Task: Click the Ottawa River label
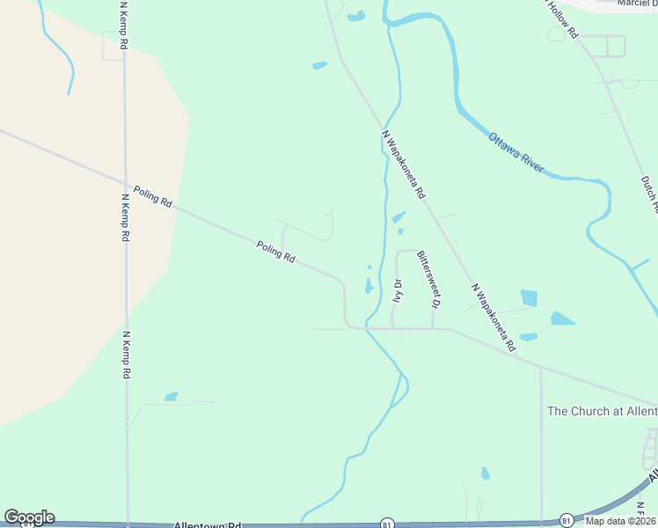[517, 152]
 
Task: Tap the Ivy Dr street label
[398, 290]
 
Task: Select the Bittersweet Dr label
[428, 278]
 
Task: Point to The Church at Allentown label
[602, 411]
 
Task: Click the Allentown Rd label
[208, 524]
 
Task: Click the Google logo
[29, 517]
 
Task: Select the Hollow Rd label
[562, 18]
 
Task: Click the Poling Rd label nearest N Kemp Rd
[152, 195]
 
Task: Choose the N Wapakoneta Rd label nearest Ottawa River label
[405, 164]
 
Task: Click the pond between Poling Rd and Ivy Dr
[368, 286]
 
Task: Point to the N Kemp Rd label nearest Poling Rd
[125, 216]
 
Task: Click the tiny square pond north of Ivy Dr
[400, 231]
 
